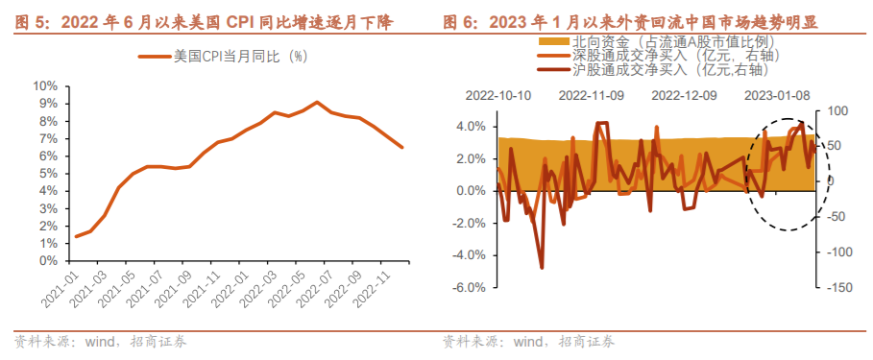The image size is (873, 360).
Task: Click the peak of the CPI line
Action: coord(317,102)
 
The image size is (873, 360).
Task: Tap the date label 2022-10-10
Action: coord(498,96)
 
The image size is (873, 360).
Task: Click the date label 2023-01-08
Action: coord(777,96)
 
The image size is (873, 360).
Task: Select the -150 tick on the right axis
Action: coord(837,288)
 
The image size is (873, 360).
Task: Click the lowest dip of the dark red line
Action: coord(542,268)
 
